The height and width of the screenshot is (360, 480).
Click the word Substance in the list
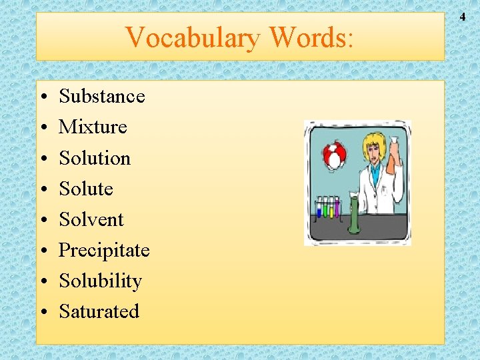pos(101,96)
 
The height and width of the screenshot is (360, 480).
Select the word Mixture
pos(93,127)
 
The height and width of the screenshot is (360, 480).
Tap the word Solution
pos(95,158)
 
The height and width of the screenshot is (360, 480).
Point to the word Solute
pos(86,189)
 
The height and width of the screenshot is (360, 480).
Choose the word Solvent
pos(91,219)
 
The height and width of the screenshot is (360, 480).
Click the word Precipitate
pos(104,250)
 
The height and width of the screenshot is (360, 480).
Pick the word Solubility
pos(100,281)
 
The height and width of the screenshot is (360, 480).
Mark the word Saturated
pos(99,311)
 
